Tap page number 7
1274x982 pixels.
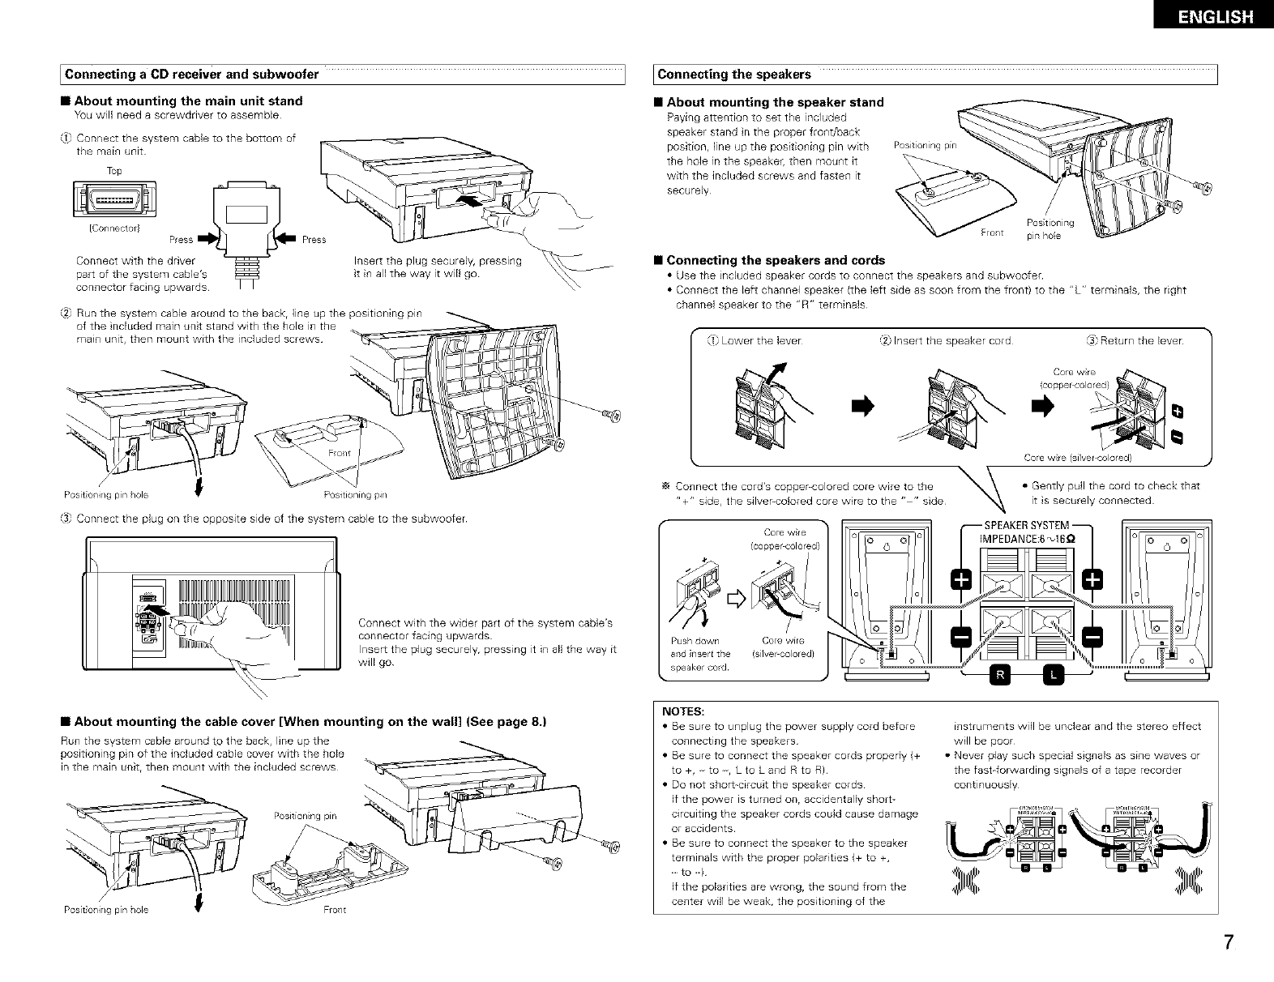coord(1229,943)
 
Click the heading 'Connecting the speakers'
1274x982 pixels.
coord(734,75)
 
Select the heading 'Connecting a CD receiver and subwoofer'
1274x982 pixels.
coord(191,75)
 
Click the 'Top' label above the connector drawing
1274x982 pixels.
coord(114,171)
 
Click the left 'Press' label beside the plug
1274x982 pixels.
coord(181,240)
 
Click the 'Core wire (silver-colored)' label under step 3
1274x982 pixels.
coord(1077,458)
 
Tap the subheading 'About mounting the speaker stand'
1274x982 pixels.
coord(775,102)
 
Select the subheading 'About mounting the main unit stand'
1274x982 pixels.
coord(188,101)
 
